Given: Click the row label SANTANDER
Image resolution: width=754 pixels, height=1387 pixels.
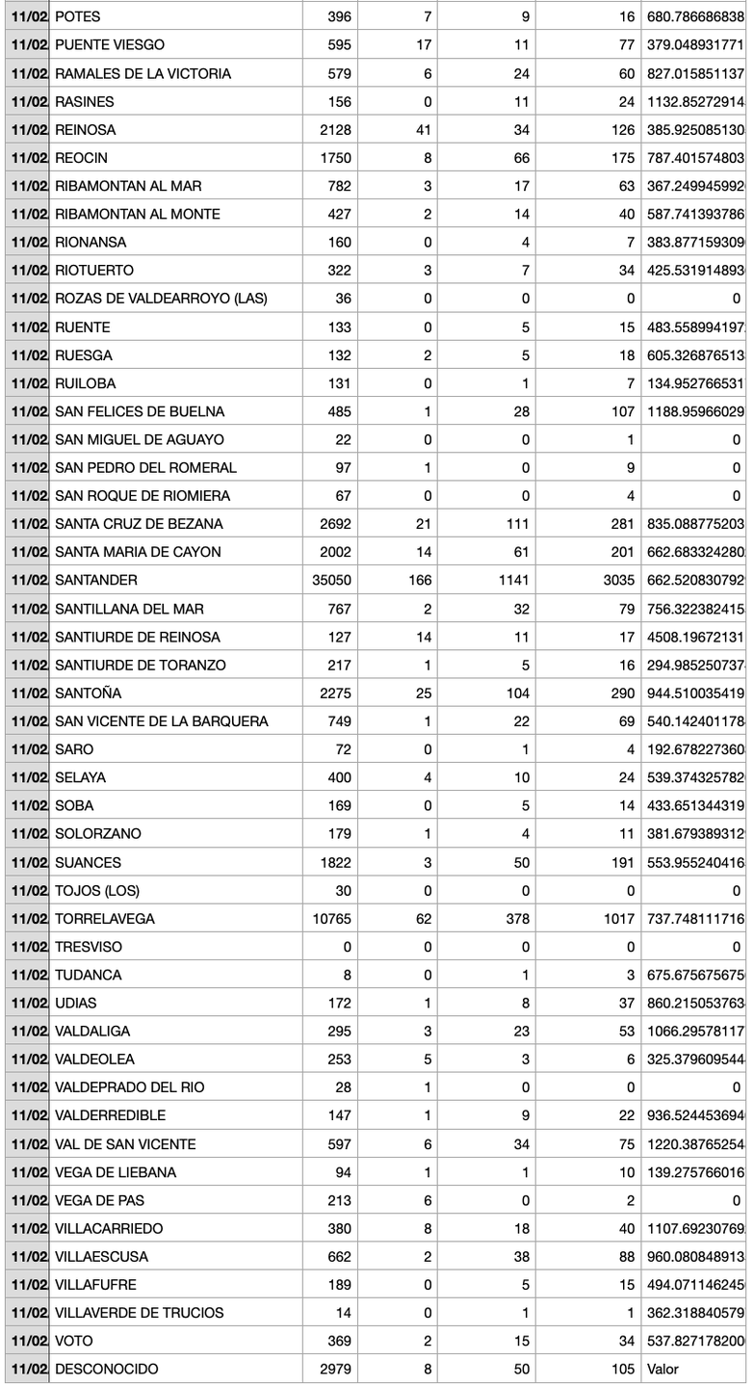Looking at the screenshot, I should (96, 580).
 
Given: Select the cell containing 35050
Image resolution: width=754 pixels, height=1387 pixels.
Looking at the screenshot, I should (331, 580).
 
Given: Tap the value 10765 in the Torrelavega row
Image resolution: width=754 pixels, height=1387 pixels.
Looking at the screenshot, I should (331, 919).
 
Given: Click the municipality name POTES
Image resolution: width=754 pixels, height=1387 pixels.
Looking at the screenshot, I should (77, 16).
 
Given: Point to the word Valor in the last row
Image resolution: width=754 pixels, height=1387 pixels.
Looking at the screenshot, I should (663, 1369).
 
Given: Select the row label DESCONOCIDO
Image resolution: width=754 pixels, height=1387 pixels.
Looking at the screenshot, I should (106, 1369).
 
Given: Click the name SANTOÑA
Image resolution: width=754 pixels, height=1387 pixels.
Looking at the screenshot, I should (88, 693).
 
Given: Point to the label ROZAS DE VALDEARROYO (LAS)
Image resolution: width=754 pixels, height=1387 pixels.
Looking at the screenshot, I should (161, 299).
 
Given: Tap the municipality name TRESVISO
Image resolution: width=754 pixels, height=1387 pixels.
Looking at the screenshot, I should (89, 947).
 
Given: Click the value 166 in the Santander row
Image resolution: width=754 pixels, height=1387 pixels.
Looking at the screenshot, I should (420, 580).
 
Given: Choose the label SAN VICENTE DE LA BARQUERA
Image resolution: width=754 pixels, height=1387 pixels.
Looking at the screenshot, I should (161, 721).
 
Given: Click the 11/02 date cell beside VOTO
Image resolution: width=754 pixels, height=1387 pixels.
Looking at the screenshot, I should (29, 1341).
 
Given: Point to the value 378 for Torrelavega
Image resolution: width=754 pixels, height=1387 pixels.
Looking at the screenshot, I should (517, 919).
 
